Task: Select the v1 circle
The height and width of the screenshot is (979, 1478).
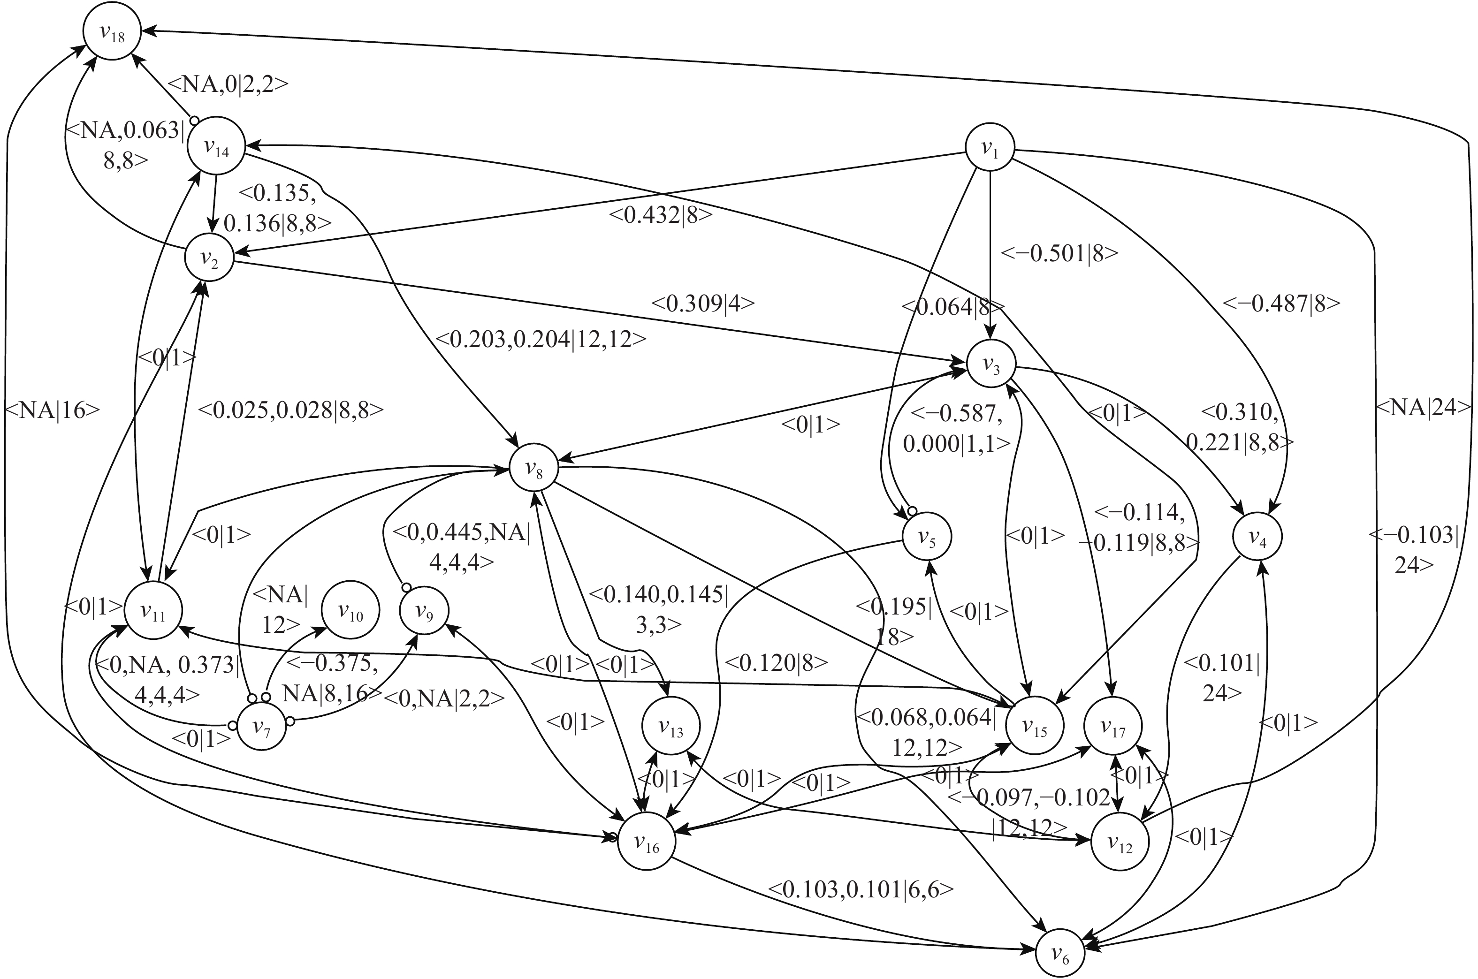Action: (990, 148)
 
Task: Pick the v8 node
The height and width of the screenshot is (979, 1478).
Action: (534, 468)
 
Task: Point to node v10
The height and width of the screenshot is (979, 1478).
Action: (350, 611)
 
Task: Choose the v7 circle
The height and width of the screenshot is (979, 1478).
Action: (262, 726)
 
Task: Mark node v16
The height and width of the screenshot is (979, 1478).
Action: (647, 842)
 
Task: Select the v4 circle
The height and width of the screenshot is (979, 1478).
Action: (1257, 538)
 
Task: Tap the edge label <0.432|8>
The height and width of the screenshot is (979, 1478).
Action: (661, 215)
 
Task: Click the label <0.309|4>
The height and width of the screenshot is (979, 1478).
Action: (703, 304)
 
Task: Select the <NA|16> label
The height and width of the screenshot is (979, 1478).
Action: (53, 410)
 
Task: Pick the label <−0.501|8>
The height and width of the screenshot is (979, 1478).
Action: (1059, 253)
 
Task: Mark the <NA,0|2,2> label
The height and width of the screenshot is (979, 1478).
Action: (229, 84)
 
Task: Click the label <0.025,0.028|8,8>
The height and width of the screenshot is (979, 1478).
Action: (290, 410)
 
